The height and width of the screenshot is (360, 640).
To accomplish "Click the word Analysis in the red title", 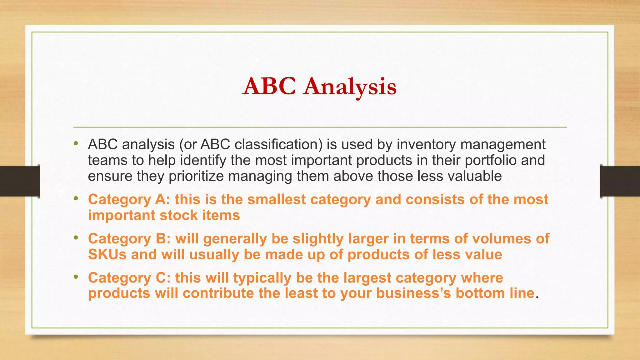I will pos(350,87).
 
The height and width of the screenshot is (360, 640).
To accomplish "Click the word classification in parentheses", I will pos(278,144).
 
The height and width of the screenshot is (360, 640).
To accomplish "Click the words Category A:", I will pos(129,199).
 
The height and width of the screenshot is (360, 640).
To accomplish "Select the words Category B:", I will pos(129,239).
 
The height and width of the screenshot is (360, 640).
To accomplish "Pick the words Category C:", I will pos(129,278).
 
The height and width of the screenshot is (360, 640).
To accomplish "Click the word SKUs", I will pos(107,254).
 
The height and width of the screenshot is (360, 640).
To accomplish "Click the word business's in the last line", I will pos(413,293).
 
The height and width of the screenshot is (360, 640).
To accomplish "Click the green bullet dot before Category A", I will pos(76,198).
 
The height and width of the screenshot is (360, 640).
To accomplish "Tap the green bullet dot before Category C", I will pos(76,277).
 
